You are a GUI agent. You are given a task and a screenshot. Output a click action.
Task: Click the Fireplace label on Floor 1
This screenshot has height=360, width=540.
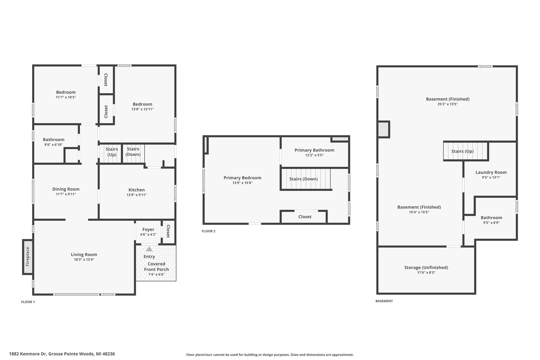27,257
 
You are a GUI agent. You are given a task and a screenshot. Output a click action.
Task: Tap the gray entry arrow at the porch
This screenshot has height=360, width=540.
149,249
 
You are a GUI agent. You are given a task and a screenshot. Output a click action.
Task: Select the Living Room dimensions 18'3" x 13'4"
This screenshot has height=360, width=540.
84,260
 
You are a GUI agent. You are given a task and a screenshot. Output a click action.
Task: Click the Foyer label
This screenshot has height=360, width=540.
148,229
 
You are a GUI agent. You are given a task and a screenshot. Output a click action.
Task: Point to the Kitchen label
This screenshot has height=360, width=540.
137,190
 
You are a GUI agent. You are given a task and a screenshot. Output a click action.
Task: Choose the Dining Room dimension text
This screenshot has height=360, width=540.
66,194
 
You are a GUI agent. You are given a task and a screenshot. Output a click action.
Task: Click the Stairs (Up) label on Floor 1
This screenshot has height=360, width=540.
112,152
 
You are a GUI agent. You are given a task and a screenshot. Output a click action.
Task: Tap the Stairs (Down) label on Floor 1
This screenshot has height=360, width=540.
133,152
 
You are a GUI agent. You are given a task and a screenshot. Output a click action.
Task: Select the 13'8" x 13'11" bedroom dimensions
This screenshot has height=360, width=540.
142,109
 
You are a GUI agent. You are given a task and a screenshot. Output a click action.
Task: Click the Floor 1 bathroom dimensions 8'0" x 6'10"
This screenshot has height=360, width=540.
54,145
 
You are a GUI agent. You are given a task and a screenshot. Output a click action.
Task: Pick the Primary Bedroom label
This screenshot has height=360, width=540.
242,178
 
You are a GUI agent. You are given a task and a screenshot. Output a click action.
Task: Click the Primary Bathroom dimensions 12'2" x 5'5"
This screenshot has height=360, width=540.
314,155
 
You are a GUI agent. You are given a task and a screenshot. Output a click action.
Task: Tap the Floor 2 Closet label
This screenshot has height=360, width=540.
305,217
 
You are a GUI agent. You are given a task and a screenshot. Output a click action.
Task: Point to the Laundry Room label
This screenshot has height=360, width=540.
491,172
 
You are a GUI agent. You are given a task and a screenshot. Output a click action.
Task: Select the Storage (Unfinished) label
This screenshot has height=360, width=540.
426,267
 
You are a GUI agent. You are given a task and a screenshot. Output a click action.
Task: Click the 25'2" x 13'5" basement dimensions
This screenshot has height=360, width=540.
448,104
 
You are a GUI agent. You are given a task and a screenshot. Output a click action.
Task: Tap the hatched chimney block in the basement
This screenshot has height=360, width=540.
383,129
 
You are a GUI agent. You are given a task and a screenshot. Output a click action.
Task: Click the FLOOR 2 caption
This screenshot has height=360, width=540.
209,231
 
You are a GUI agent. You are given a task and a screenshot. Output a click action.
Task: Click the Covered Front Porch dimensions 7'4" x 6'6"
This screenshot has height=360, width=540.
156,274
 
